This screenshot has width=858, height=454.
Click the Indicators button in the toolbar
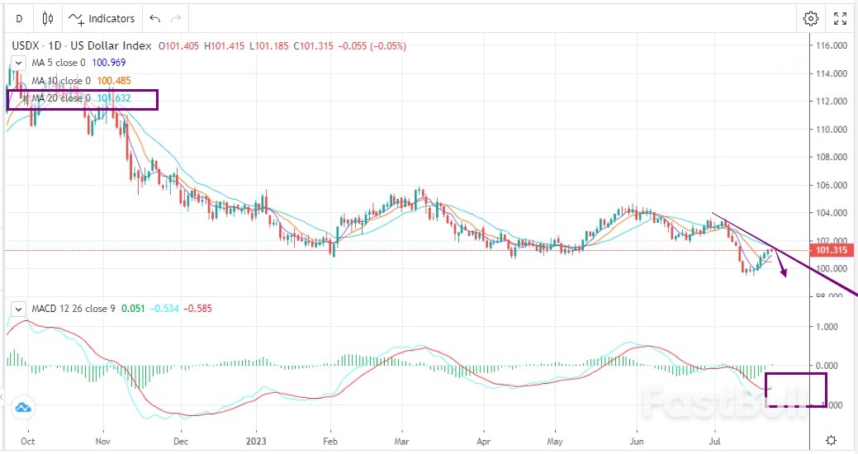pos(102,18)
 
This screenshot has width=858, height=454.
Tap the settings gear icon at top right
pos(811,18)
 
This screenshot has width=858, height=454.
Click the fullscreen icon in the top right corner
pos(840,18)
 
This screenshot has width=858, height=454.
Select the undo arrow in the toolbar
pos(154,18)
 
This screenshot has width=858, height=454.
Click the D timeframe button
pos(19,18)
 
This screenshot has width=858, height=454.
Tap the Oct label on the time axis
pos(27,440)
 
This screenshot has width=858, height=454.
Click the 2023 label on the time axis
pos(256,440)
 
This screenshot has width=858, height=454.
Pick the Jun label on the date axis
pos(636,440)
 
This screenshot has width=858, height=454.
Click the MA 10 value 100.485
pos(116,81)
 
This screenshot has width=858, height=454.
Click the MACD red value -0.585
pos(198,309)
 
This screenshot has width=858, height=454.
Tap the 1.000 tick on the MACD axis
pos(827,327)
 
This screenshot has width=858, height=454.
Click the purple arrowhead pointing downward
pos(784,274)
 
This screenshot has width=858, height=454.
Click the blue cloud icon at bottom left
pos(22,407)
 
